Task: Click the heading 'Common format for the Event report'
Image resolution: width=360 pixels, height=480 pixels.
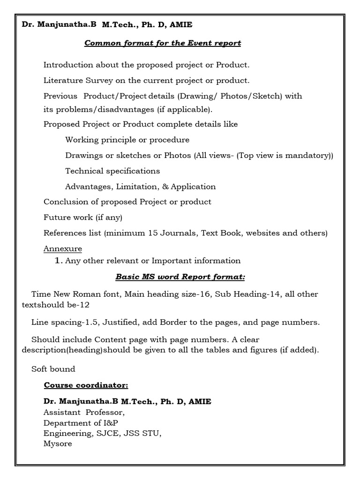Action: tap(162, 43)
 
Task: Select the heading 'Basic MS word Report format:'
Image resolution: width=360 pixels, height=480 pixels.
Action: tap(180, 277)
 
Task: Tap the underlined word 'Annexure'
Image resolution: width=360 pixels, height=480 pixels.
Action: tap(62, 248)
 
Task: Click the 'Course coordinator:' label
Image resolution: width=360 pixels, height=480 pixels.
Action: tap(86, 385)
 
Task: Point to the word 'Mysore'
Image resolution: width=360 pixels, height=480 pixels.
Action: tap(58, 443)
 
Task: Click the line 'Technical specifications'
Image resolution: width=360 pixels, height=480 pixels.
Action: tap(112, 171)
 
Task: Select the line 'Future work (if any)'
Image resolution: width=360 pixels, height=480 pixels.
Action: tap(82, 217)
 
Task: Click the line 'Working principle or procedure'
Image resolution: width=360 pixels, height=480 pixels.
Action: tap(127, 140)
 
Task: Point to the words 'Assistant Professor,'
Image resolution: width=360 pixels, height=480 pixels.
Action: tap(84, 413)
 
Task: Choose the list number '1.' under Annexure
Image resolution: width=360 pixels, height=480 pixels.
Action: tap(59, 261)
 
